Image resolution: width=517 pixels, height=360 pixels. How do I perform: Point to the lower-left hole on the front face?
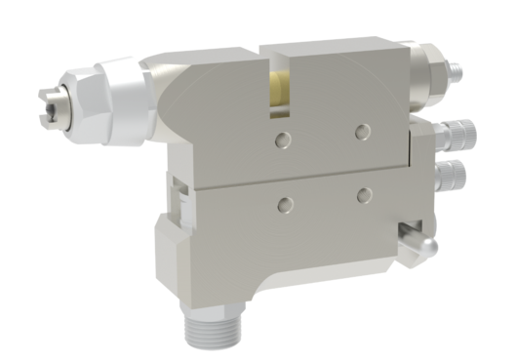tap(286, 203)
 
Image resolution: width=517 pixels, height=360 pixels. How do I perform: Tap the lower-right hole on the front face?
tap(365, 195)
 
